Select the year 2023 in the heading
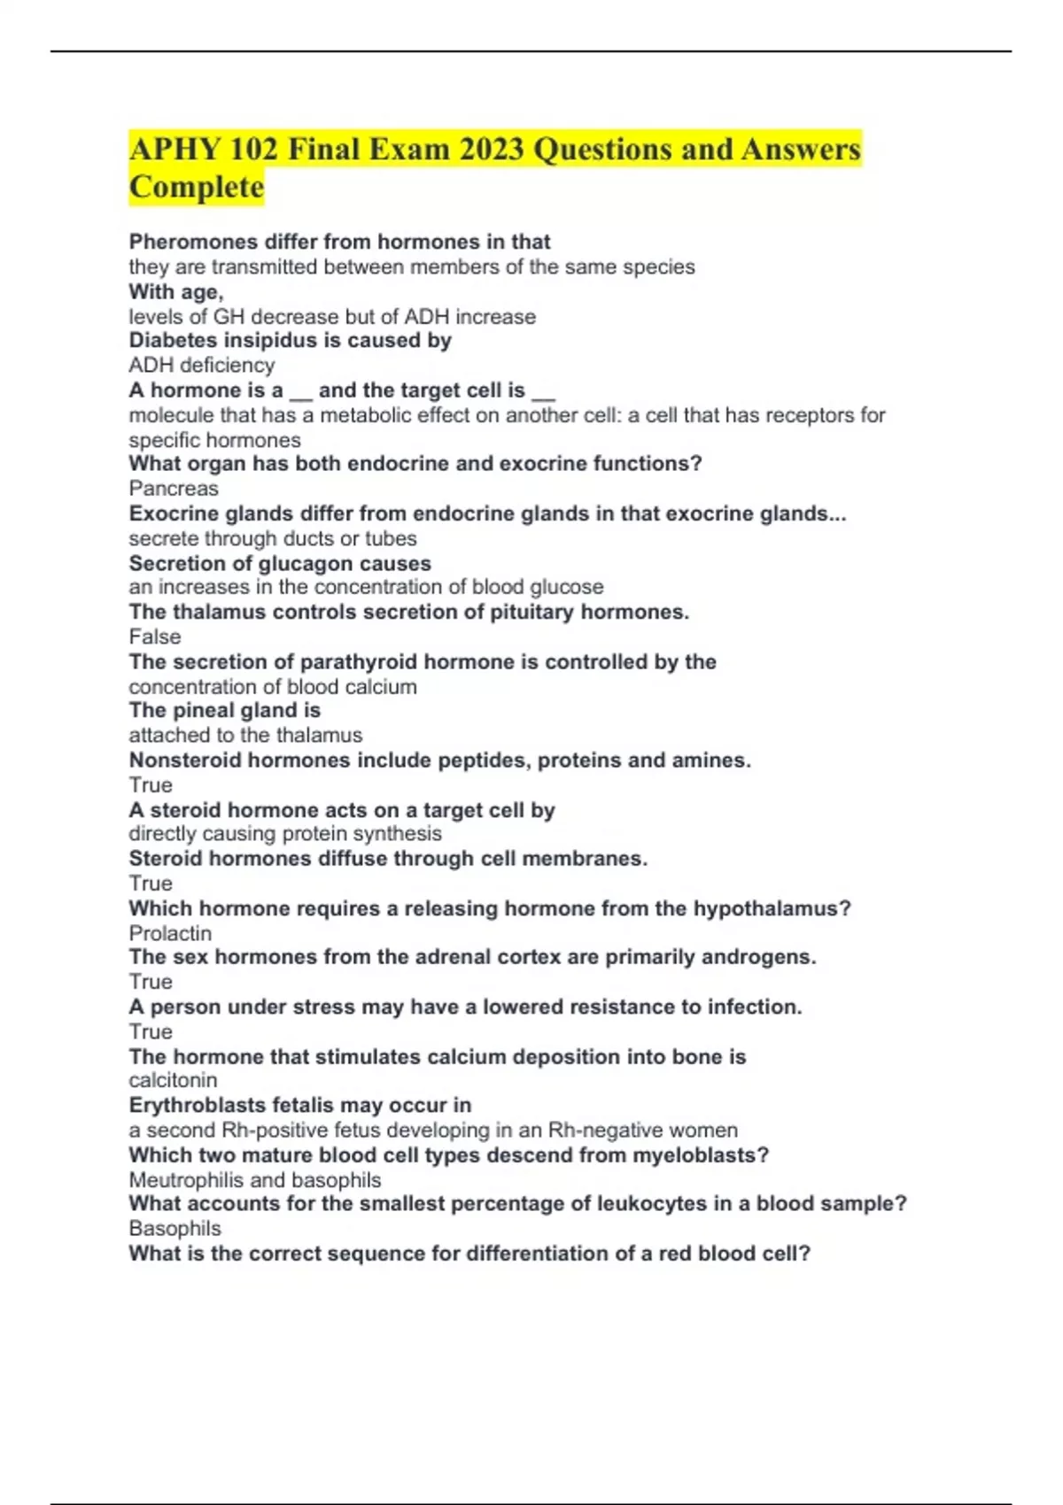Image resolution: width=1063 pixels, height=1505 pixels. pos(492,150)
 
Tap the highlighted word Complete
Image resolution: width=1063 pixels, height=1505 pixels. pos(197,188)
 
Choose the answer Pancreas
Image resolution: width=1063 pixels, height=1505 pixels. pos(174,489)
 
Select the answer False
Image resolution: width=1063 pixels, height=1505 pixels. pos(155,637)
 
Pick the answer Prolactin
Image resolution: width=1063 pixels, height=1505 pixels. pos(170,934)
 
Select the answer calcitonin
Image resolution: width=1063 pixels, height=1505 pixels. pos(173,1080)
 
